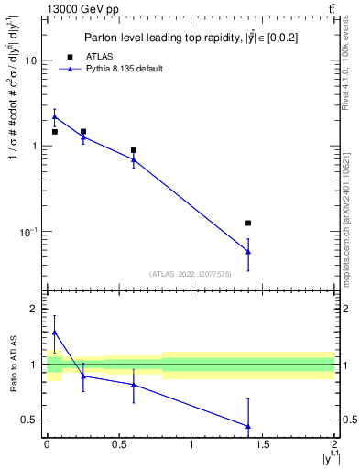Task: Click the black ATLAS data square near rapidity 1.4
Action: tap(248, 223)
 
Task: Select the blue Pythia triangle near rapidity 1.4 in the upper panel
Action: tap(248, 251)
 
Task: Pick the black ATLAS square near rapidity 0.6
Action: tap(134, 150)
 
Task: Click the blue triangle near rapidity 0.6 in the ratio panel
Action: tap(134, 385)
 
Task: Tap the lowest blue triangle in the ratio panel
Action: tap(248, 426)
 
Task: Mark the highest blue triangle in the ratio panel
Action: tap(55, 333)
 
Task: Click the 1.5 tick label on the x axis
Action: tap(263, 444)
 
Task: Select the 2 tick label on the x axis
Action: tap(335, 444)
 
